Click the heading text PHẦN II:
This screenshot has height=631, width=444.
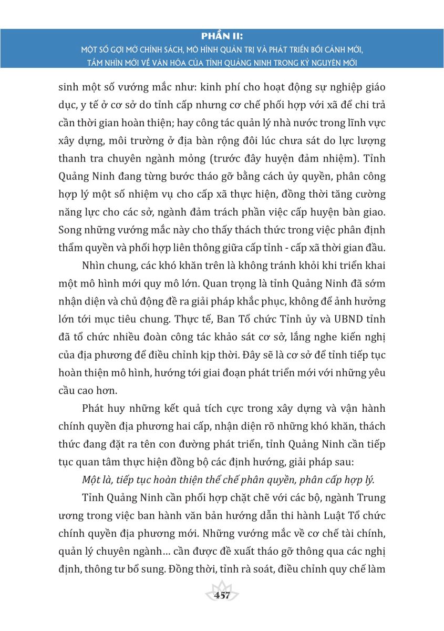222,36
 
